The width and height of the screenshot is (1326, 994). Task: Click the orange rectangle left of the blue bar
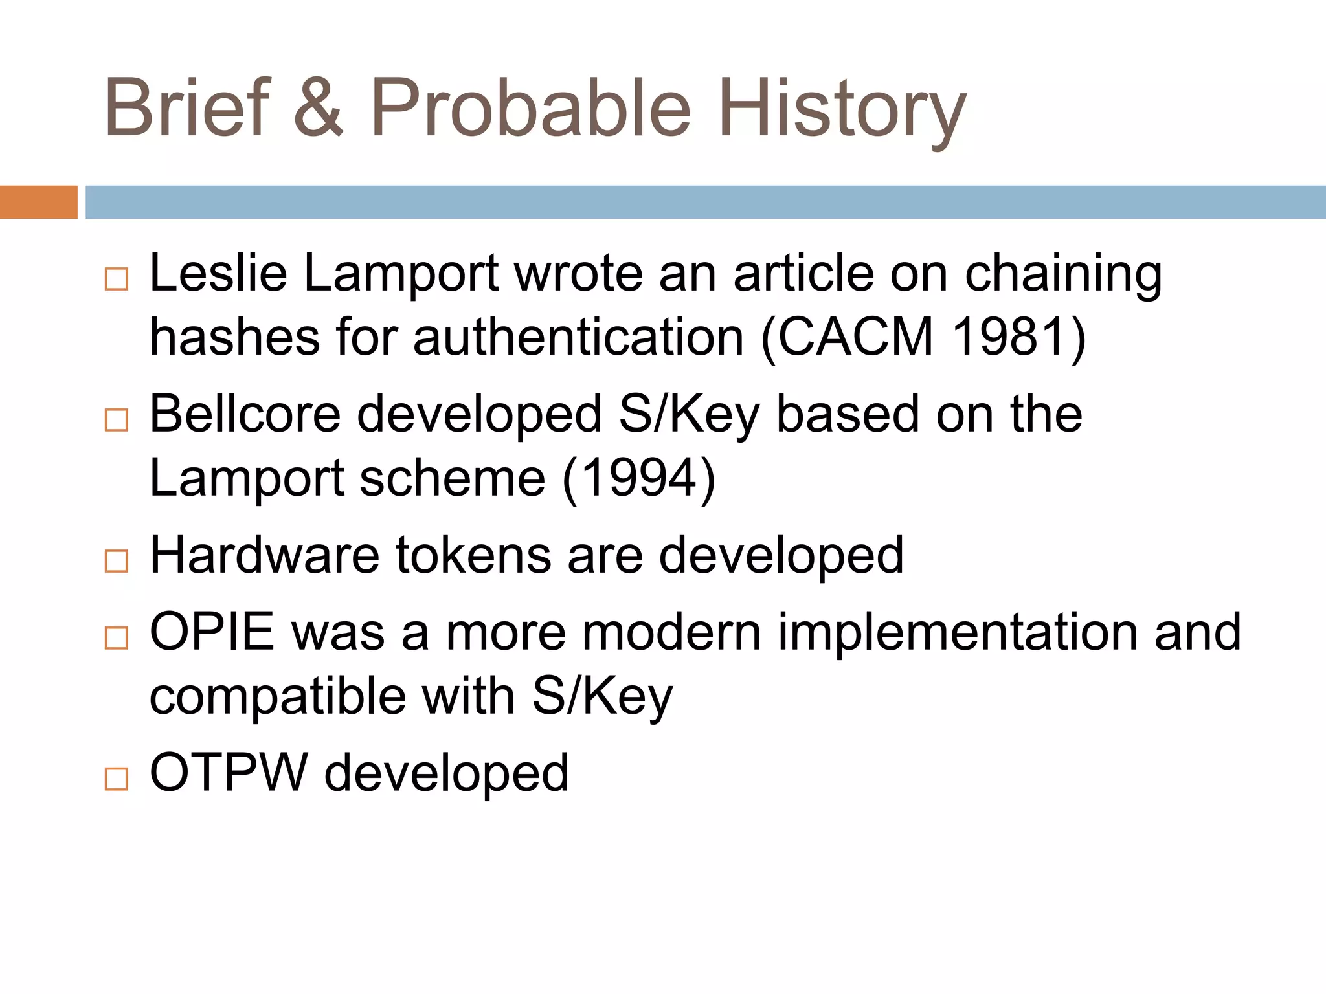pyautogui.click(x=38, y=202)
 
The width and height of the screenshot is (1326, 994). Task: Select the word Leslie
pyautogui.click(x=218, y=273)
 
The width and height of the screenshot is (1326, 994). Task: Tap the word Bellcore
pyautogui.click(x=245, y=414)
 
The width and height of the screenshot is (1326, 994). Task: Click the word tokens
pyautogui.click(x=473, y=555)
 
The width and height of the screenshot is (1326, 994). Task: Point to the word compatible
pyautogui.click(x=278, y=698)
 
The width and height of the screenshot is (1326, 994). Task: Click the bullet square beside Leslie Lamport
pyautogui.click(x=117, y=280)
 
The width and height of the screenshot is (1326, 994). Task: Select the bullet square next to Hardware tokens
pyautogui.click(x=117, y=561)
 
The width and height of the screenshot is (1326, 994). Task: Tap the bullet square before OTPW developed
pyautogui.click(x=117, y=779)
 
